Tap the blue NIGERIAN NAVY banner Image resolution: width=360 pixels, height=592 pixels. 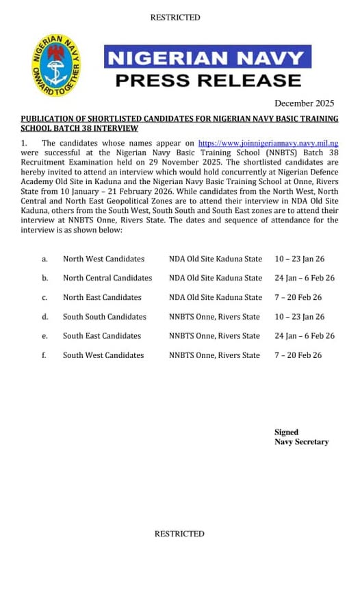point(207,57)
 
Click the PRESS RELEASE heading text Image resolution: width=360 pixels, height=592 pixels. point(208,80)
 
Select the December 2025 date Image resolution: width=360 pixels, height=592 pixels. point(304,103)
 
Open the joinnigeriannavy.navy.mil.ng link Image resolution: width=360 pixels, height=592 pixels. point(268,144)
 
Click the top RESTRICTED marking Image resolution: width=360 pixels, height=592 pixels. point(175,18)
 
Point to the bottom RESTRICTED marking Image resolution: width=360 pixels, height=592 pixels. point(179,534)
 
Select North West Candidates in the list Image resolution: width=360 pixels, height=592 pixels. point(103,259)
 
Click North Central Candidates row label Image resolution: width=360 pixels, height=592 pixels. point(107,279)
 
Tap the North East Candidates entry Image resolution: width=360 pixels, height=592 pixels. point(102,298)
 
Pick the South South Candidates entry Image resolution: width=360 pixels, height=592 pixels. point(105,317)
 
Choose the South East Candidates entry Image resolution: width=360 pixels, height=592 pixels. point(102,336)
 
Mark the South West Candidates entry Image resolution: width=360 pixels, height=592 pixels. point(103,355)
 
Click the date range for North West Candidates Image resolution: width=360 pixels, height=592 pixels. point(300,259)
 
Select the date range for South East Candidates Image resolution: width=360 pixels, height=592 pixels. point(305,336)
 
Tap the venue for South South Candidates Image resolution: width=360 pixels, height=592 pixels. point(214,317)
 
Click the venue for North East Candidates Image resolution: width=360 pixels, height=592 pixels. point(216,298)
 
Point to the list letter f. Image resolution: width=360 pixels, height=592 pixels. point(44,355)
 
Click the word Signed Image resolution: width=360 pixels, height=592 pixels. point(287,433)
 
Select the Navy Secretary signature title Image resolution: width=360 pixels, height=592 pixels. point(302,442)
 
